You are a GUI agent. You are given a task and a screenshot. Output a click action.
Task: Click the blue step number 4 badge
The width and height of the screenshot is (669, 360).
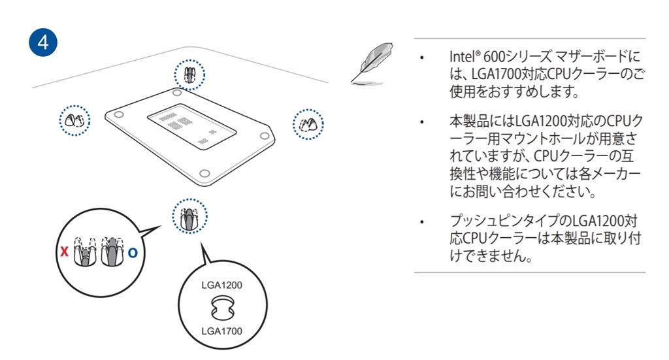pyautogui.click(x=43, y=41)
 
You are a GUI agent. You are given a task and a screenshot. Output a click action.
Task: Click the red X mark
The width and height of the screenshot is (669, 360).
pyautogui.click(x=63, y=252)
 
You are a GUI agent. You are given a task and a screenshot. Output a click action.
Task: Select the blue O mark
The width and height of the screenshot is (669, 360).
pyautogui.click(x=133, y=252)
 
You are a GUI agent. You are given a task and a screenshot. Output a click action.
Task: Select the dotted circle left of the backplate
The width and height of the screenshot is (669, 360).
pyautogui.click(x=74, y=120)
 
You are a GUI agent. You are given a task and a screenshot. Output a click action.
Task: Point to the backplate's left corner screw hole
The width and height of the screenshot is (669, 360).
pyautogui.click(x=118, y=114)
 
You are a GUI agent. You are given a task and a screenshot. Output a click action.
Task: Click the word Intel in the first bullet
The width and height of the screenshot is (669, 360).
pyautogui.click(x=461, y=57)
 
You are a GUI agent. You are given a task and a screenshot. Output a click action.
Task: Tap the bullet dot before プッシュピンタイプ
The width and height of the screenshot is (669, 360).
pyautogui.click(x=423, y=221)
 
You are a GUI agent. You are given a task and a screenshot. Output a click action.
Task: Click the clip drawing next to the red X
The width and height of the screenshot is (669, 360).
pyautogui.click(x=83, y=252)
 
